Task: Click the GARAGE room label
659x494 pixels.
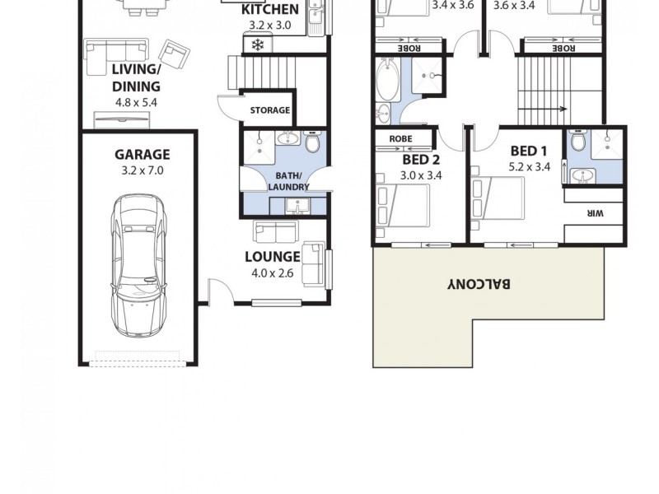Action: coord(142,154)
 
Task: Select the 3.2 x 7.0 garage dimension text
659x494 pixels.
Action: coord(142,170)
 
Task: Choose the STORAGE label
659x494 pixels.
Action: coord(269,110)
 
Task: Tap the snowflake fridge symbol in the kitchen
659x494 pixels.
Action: coord(258,44)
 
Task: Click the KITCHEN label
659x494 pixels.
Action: coord(269,10)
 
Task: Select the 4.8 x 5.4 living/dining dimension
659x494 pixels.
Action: coord(136,103)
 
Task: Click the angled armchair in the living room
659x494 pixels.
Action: coord(174,54)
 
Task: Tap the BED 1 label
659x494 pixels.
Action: coord(529,151)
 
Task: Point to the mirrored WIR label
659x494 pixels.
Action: coord(595,213)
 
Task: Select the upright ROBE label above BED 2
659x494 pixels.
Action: coord(401,139)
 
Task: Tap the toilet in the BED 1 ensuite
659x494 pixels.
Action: coord(578,144)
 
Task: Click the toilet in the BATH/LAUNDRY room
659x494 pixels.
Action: coord(311,145)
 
